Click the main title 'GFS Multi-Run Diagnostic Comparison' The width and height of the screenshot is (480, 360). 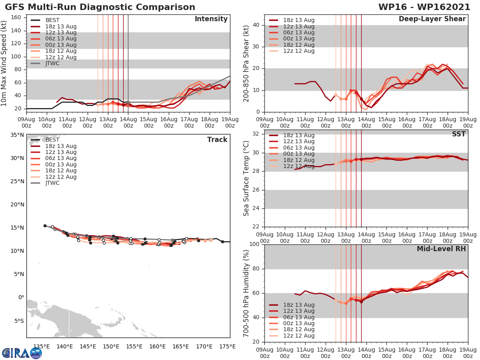click(100, 7)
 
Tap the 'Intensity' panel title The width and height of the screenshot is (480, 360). click(211, 19)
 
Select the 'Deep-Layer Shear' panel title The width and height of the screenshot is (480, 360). click(432, 19)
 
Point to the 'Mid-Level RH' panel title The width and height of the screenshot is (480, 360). click(441, 249)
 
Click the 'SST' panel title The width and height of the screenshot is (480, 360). click(459, 134)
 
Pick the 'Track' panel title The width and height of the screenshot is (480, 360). click(217, 140)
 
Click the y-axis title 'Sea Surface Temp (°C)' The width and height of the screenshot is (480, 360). click(247, 178)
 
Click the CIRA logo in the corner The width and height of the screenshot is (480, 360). click(22, 353)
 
